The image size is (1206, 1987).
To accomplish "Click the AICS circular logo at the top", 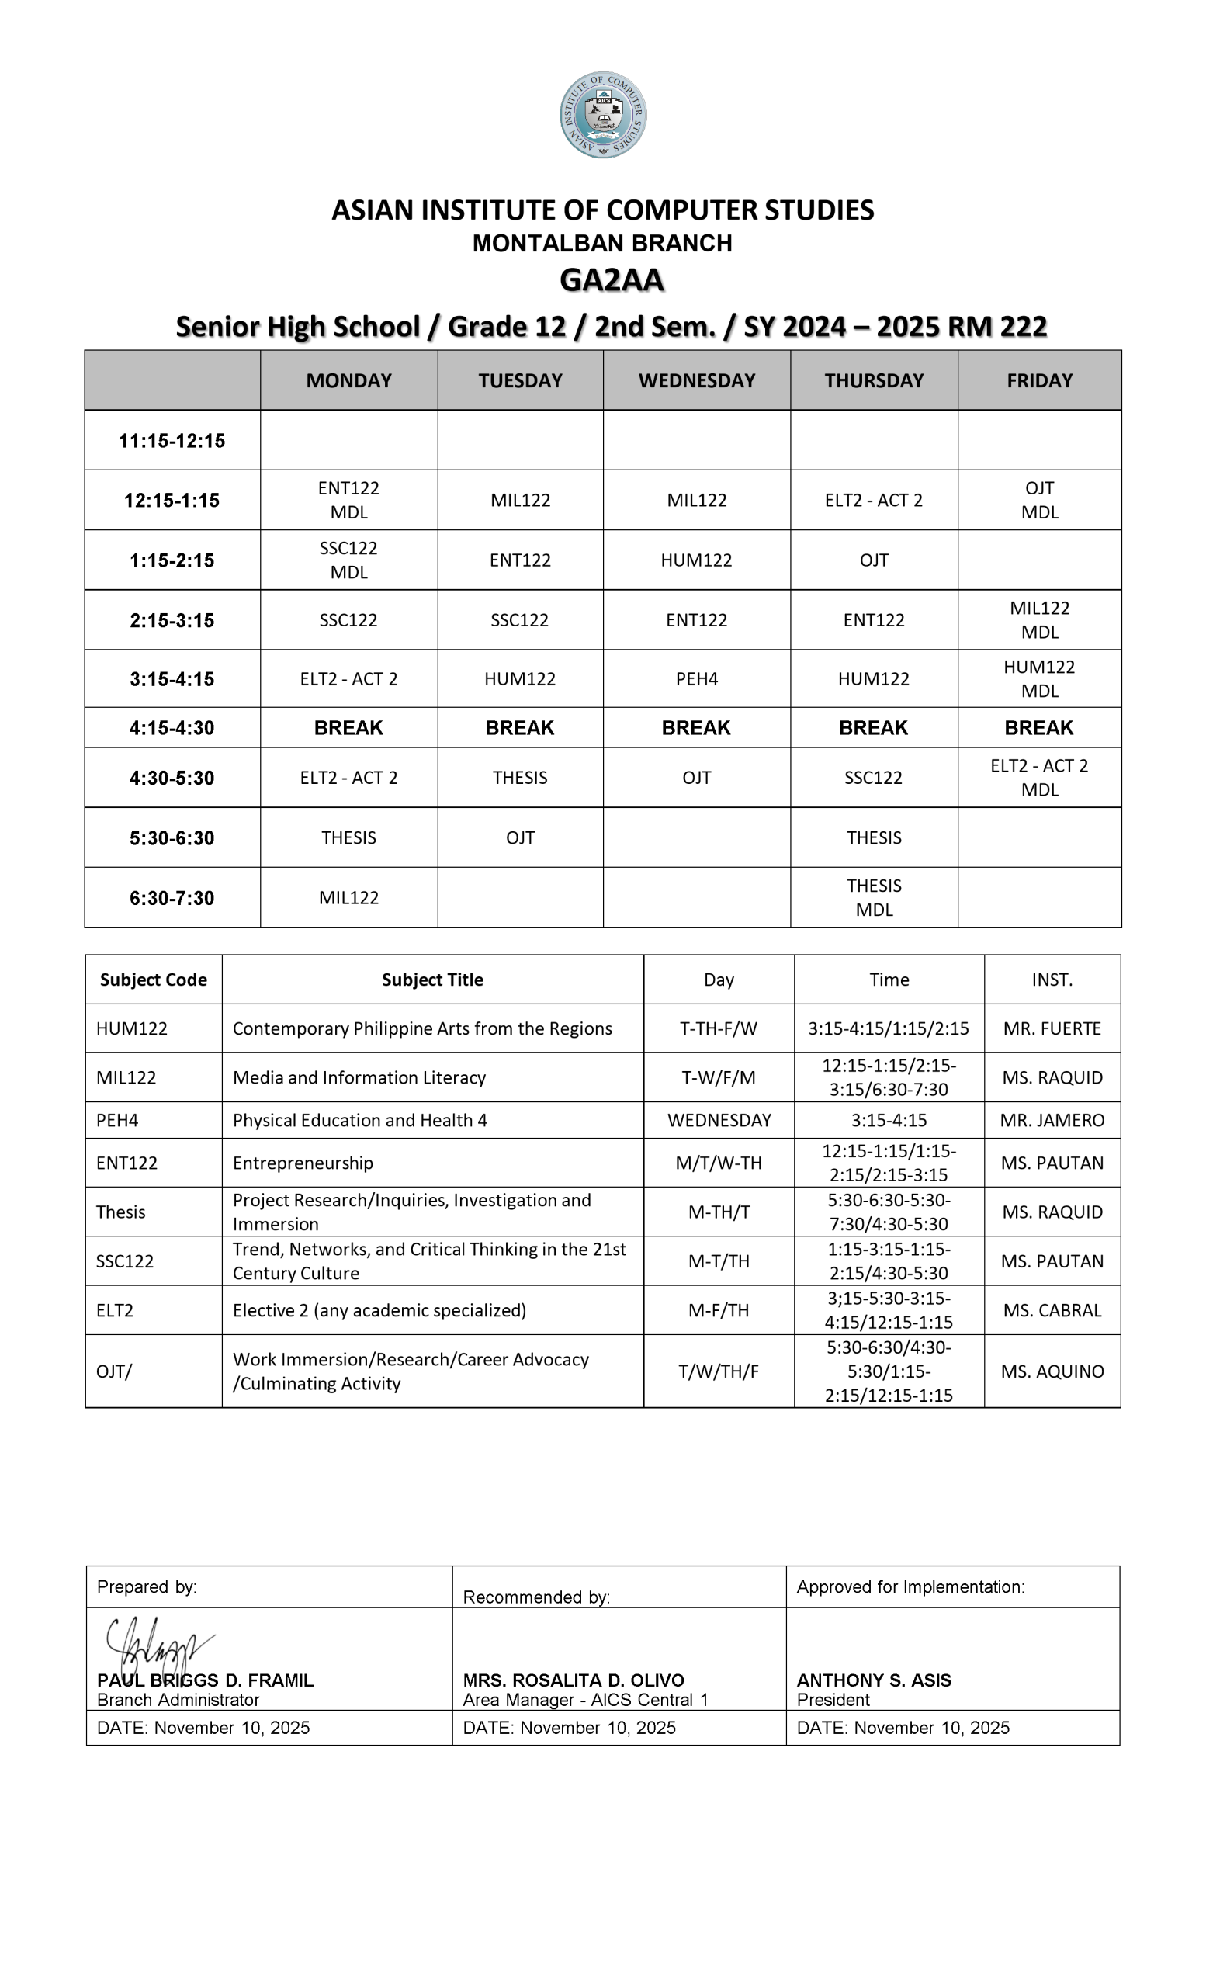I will pos(603,115).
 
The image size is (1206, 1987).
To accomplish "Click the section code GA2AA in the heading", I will pos(611,280).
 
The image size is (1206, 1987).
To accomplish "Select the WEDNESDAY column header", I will pos(696,380).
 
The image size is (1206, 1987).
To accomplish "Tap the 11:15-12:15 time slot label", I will pos(172,440).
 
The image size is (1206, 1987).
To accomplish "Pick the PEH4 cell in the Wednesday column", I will pos(696,679).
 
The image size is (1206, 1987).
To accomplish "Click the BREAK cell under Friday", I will pos(1038,728).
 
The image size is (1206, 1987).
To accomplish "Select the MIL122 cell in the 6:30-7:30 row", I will pos(348,897).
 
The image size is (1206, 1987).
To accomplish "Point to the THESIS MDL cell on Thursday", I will pos(874,897).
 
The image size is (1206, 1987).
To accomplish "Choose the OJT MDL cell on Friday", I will pos(1039,500).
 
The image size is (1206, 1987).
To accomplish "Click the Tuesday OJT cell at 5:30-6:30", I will pos(520,837).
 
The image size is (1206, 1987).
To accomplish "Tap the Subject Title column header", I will pos(432,980).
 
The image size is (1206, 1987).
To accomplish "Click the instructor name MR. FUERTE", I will pos(1052,1029).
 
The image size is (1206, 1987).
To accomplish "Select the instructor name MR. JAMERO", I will pos(1052,1120).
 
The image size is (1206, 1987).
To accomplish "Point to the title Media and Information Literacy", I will pos(359,1077).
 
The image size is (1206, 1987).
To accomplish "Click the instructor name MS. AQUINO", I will pos(1052,1371).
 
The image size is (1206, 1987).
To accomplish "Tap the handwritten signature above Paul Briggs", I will pos(158,1647).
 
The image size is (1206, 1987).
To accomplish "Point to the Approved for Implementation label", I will pos(910,1587).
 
